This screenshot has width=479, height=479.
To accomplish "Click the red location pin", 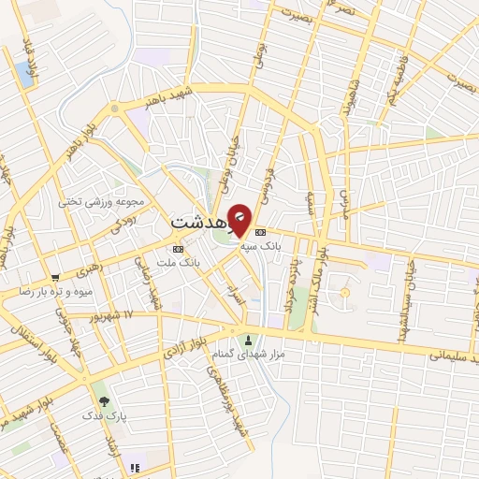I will coord(240,220).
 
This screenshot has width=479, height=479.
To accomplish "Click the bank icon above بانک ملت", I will coord(178,248).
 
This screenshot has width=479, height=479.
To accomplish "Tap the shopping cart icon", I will coord(56,277).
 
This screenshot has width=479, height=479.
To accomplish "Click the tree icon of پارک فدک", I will coord(104,400).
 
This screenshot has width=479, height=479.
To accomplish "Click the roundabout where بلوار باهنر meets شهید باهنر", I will coord(115,109).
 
